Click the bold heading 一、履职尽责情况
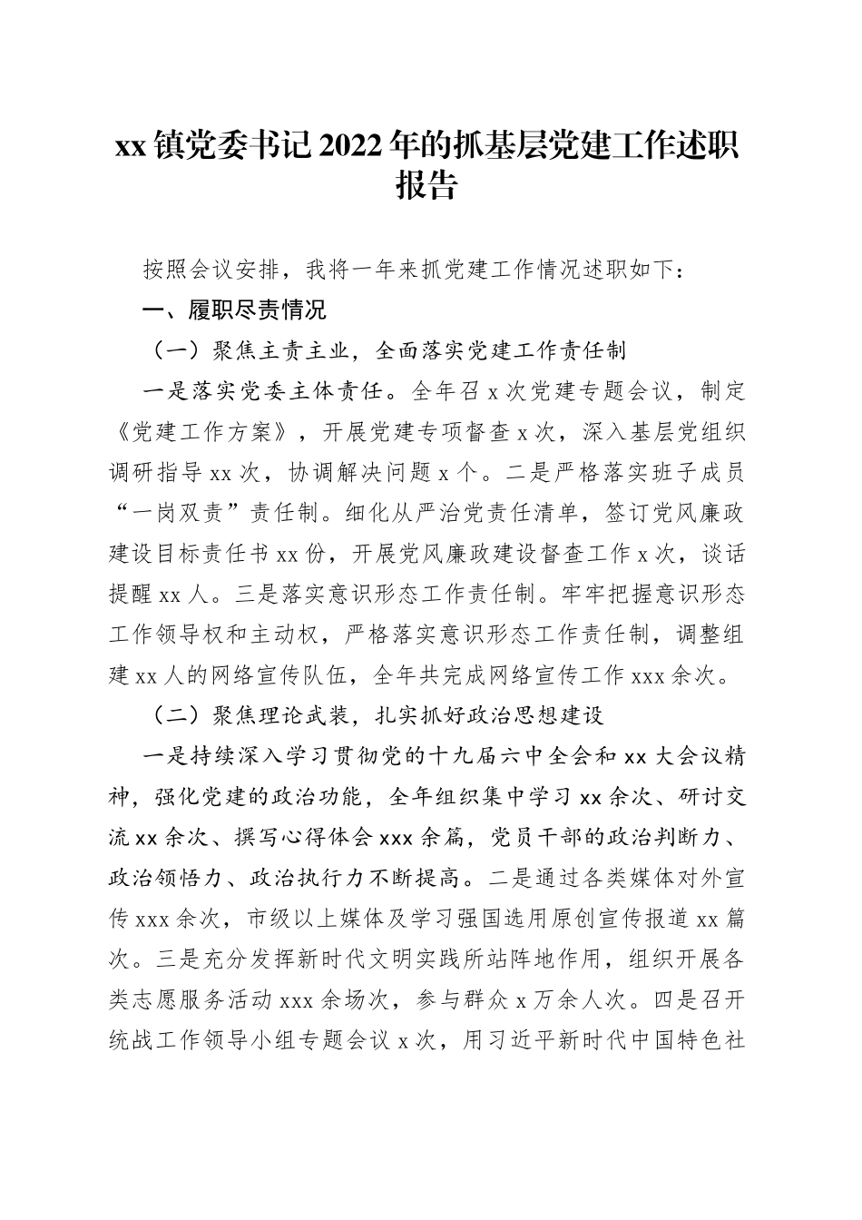click(x=235, y=310)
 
